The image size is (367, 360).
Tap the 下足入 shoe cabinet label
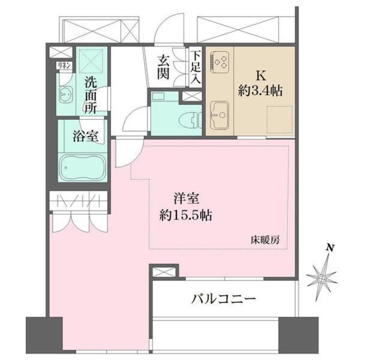tap(196, 68)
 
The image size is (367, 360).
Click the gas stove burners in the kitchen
tap(220, 61)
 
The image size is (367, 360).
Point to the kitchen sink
tap(220, 114)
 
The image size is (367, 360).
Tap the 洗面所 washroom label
tap(91, 95)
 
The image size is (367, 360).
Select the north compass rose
tap(323, 278)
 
